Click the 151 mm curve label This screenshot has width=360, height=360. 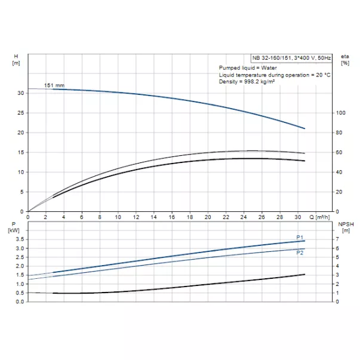tap(54, 85)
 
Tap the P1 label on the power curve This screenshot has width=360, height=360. tap(300, 238)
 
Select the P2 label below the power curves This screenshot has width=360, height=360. tap(300, 251)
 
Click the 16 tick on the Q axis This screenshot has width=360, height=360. tap(172, 217)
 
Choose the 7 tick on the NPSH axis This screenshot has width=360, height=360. tap(338, 239)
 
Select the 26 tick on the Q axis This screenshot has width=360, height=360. tap(261, 217)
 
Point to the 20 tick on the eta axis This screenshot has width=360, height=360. tap(339, 192)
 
